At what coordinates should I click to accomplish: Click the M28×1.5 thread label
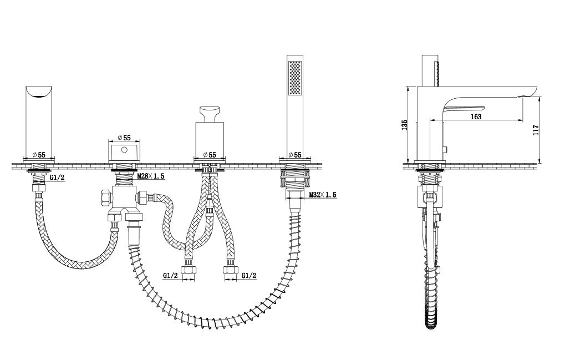151,176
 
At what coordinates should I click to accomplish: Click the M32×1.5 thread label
323,195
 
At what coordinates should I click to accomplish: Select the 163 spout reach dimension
476,116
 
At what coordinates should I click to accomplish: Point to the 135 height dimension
404,125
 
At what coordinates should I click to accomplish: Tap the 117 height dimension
536,130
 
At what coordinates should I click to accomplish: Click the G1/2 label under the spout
57,178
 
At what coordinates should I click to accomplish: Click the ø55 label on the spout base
39,155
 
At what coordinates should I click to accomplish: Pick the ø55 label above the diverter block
124,138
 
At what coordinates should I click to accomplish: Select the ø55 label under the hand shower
295,155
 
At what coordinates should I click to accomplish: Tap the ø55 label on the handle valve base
210,155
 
